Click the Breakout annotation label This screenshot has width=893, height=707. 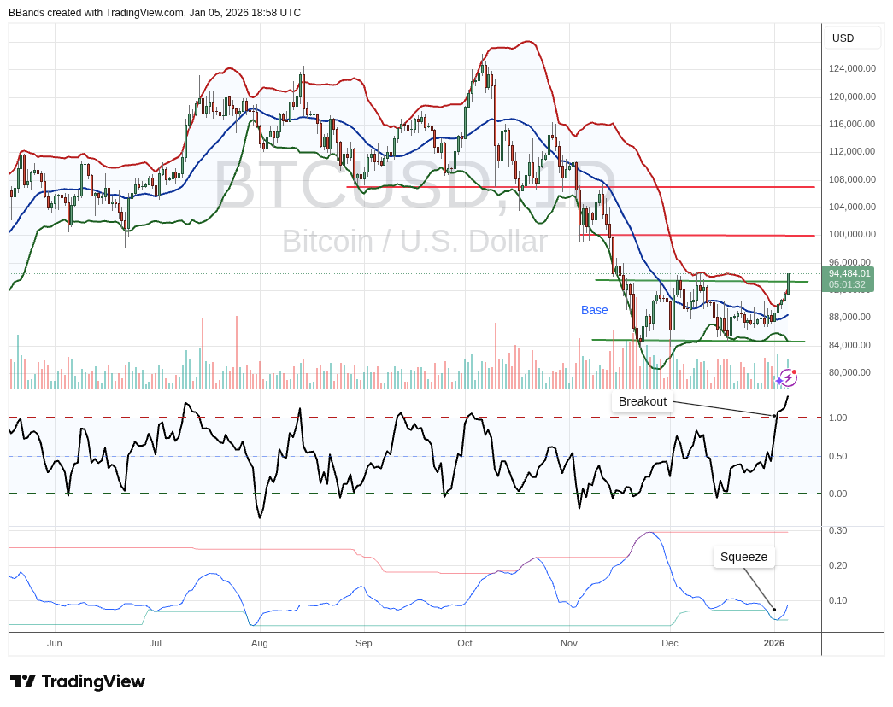pyautogui.click(x=643, y=401)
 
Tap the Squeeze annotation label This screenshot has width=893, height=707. pyautogui.click(x=743, y=557)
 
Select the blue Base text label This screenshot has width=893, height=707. pyautogui.click(x=595, y=310)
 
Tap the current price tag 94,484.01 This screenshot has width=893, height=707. pyautogui.click(x=849, y=273)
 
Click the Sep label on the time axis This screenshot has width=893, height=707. pyautogui.click(x=363, y=643)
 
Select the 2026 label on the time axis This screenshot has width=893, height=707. pyautogui.click(x=773, y=643)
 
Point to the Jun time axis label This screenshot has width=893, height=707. pyautogui.click(x=55, y=643)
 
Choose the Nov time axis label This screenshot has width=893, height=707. pyautogui.click(x=569, y=643)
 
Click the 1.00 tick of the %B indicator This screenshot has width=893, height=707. pyautogui.click(x=837, y=418)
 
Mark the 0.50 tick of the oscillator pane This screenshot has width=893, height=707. pyautogui.click(x=837, y=456)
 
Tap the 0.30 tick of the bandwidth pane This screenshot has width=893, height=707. pyautogui.click(x=837, y=530)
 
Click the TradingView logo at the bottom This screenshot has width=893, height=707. pyautogui.click(x=78, y=681)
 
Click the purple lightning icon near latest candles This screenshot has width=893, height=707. pyautogui.click(x=787, y=377)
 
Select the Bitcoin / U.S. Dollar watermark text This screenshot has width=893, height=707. pyautogui.click(x=414, y=241)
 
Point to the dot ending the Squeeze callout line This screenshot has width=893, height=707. pyautogui.click(x=774, y=609)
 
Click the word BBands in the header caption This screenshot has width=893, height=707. pyautogui.click(x=26, y=13)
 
